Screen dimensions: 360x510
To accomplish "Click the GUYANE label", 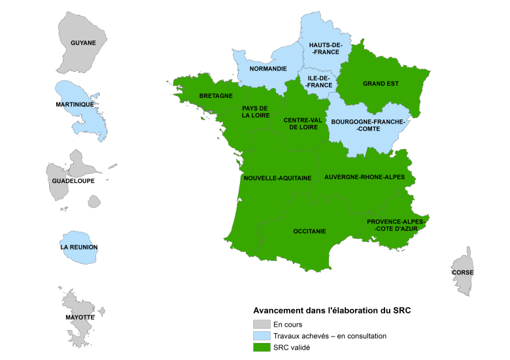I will coord(83,43).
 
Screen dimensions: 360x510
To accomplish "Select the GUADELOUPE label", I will coord(70,181).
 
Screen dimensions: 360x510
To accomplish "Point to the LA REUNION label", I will coord(79,247).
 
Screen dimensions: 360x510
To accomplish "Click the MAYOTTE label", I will coord(80,317).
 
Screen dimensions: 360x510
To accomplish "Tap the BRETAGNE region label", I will coord(216,95).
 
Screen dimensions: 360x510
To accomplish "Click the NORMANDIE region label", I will coord(268,69).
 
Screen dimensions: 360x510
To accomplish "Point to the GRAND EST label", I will coord(381,84).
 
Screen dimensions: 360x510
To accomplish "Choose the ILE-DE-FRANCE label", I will coord(319,81).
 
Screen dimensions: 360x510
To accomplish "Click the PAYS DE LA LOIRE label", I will coord(255,112).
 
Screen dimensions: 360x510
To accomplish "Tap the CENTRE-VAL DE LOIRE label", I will coord(301,123).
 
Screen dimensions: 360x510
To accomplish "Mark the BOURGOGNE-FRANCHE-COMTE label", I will coord(368,125).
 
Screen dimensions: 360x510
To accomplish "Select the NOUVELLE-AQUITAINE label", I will coord(277,178).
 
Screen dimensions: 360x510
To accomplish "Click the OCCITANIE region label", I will coord(310,231).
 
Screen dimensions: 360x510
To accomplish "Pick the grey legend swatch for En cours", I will coord(261,324).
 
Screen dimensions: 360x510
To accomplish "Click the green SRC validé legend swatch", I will coord(261,348).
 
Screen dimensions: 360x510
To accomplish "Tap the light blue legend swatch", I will coord(261,336).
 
